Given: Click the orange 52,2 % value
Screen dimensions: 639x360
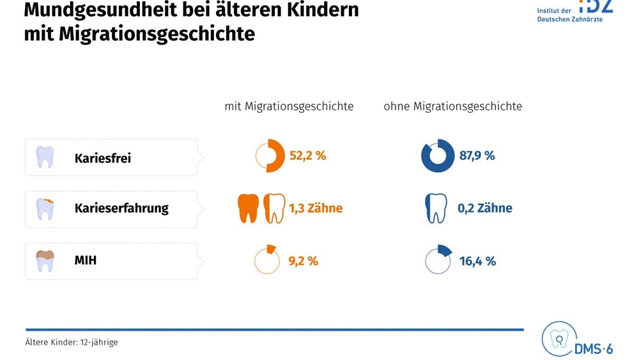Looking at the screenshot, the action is [x=308, y=156].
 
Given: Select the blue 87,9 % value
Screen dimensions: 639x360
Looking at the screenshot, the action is [x=477, y=156].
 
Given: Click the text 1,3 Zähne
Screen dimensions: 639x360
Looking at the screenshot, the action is [x=316, y=208].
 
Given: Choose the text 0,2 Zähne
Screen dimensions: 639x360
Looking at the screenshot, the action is [x=484, y=208].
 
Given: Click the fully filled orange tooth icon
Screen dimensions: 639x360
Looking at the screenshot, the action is [x=248, y=208].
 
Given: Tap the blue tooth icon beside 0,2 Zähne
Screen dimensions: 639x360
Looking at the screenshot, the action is [x=436, y=208].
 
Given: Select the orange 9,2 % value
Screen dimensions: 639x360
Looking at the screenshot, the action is [x=303, y=261].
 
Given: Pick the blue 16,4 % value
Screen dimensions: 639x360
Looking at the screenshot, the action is [x=477, y=261].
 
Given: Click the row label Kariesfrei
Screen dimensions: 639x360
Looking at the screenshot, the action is [x=103, y=158].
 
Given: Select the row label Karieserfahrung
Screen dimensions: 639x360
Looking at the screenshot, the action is [x=121, y=208].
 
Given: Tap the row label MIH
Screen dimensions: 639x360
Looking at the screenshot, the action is [x=86, y=260].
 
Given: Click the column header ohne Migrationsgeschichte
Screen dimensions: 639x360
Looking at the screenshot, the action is [x=453, y=106].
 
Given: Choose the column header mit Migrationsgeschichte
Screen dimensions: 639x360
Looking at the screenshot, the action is [x=289, y=106].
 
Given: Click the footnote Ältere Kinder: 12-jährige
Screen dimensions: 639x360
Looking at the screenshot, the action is [x=72, y=342].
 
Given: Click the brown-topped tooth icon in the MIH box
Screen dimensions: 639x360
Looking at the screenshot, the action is [x=45, y=261].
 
